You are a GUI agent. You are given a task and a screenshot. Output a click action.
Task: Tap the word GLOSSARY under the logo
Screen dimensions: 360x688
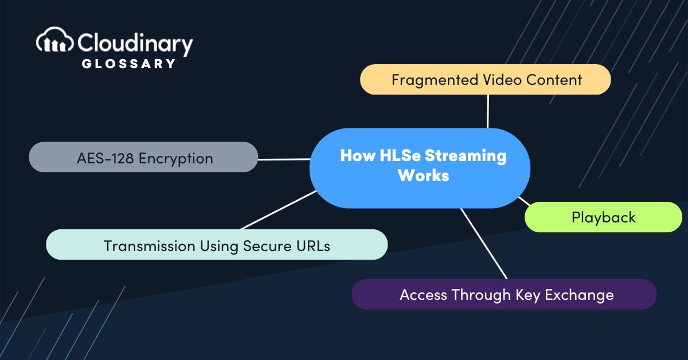[x=128, y=64]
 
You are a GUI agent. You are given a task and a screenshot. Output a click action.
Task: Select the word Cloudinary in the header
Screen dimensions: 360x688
[x=135, y=42]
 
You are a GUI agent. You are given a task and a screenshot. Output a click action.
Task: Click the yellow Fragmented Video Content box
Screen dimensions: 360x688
[x=486, y=80]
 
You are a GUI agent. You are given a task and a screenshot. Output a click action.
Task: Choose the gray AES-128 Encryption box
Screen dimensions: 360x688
[x=143, y=158]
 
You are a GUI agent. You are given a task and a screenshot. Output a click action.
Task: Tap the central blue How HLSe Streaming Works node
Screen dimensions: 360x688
[x=420, y=167]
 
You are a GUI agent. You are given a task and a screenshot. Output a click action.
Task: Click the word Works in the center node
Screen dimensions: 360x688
[x=423, y=176]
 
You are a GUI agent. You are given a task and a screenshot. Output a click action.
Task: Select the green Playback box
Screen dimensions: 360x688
[x=603, y=217]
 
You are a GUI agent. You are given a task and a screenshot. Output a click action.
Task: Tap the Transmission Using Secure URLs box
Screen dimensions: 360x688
[x=217, y=246]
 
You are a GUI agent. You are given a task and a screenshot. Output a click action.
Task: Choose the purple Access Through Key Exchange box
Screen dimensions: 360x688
[x=503, y=295]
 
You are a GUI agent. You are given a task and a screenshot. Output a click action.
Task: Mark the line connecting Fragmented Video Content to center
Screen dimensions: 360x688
[x=488, y=111]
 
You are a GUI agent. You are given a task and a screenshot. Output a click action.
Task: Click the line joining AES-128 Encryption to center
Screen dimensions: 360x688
[x=284, y=159]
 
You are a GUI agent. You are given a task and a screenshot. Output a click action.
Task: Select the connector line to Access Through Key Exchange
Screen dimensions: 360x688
[x=484, y=244]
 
